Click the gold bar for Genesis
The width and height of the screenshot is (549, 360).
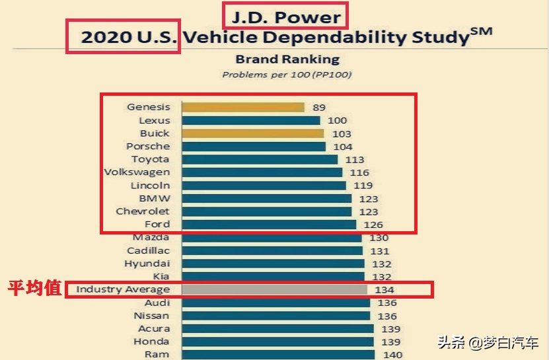[242, 107]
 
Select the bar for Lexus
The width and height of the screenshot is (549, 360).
[250, 120]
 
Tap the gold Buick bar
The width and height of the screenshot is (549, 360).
[252, 133]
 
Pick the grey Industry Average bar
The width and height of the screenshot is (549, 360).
[274, 289]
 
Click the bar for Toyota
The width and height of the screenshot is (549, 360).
[259, 159]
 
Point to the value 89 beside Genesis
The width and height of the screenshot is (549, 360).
[320, 107]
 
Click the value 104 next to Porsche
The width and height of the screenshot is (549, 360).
[343, 147]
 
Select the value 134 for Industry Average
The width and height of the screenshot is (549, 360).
[384, 290]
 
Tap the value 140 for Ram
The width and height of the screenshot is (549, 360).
[392, 355]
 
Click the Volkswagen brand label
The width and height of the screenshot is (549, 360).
[137, 172]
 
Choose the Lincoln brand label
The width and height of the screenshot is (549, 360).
[150, 186]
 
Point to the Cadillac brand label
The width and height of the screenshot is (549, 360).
[148, 250]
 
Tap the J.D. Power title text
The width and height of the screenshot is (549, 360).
[284, 17]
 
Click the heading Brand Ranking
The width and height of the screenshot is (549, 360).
[287, 59]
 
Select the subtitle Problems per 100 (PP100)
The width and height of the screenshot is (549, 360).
[287, 75]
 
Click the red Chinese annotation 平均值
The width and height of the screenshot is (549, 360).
[34, 289]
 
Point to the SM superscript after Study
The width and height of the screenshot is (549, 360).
[482, 30]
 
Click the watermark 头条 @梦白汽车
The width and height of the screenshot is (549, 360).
[489, 343]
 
